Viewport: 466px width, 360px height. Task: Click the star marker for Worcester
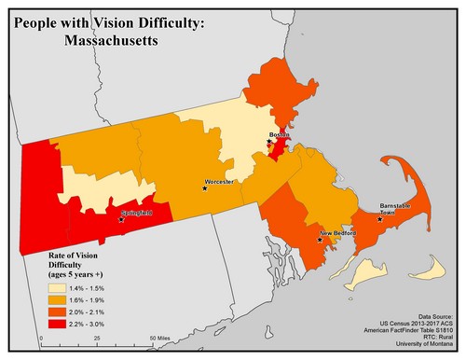205,187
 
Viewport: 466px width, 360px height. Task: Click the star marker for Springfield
121,220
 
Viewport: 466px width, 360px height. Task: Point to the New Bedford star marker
320,240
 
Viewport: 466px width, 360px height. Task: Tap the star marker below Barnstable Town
379,219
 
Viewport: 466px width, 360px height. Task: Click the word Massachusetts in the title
112,41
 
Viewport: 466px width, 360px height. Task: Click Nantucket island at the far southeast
430,273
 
